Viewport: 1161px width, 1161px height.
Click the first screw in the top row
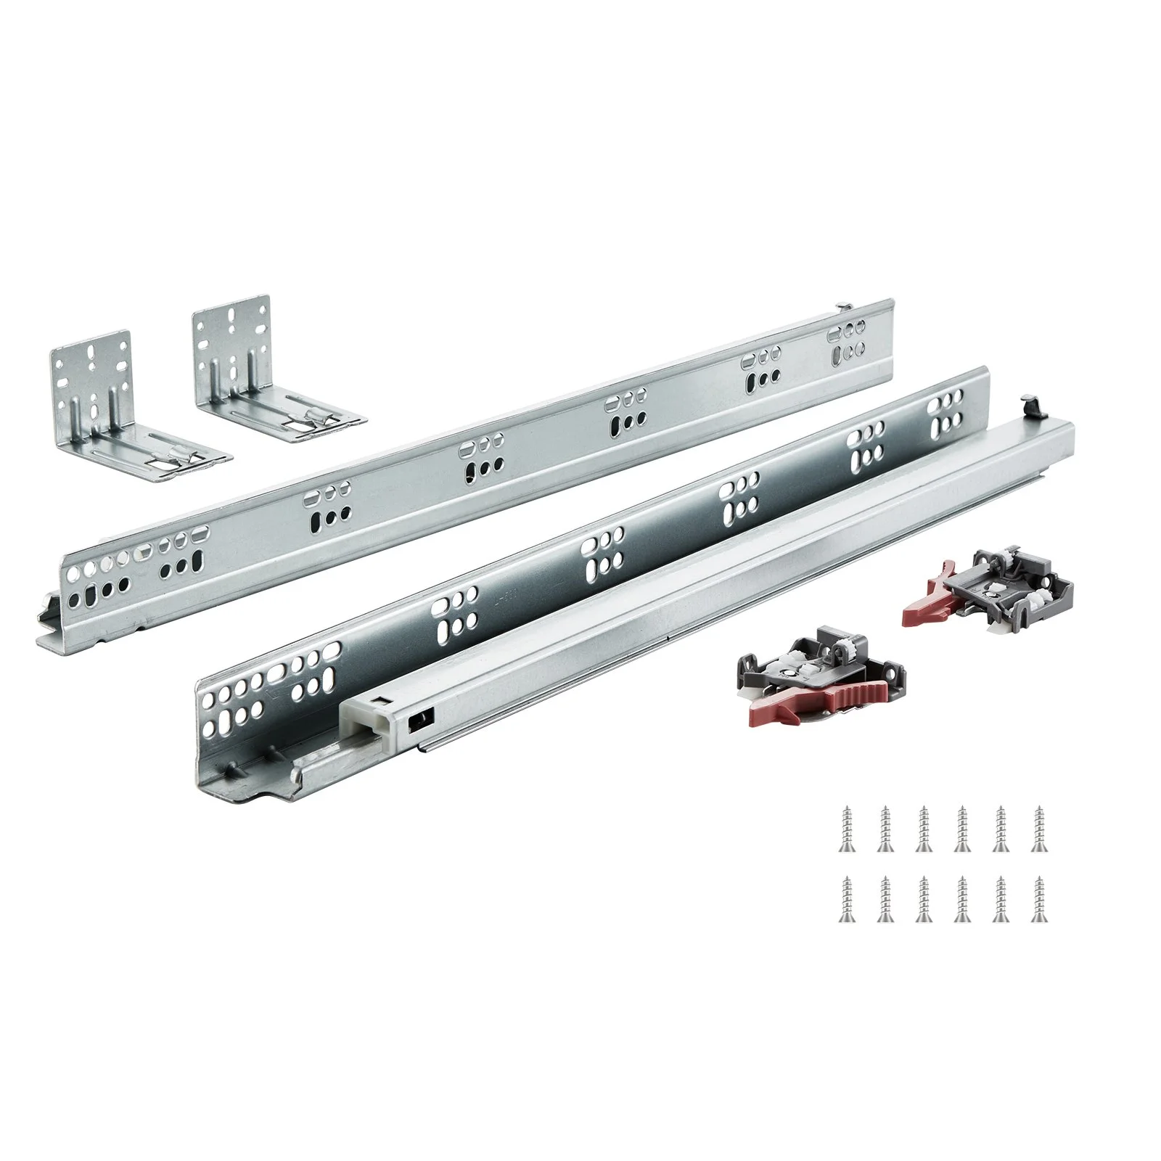coord(845,826)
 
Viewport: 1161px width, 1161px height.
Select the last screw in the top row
coord(1038,826)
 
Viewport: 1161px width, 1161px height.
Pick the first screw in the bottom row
coord(845,899)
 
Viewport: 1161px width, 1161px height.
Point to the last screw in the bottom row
coord(1038,899)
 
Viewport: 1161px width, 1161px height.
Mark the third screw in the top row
coord(922,826)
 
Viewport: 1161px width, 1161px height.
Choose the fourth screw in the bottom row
coord(961,899)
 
